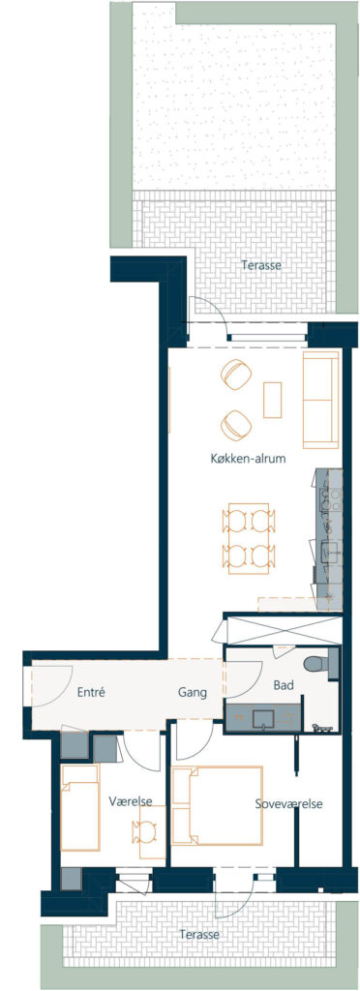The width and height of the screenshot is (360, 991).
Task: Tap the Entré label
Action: (x=90, y=692)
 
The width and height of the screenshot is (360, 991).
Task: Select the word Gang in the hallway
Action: (x=193, y=693)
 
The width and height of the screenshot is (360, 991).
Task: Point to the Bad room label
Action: (x=283, y=685)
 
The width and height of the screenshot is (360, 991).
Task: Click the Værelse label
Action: (x=131, y=801)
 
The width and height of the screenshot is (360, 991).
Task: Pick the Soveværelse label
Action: (x=289, y=804)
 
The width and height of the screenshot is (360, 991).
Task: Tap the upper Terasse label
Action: (x=261, y=265)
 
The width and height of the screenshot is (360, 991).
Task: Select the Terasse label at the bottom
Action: (x=199, y=934)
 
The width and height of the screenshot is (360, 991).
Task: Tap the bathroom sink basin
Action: (x=262, y=719)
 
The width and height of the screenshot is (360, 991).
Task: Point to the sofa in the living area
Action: (x=322, y=400)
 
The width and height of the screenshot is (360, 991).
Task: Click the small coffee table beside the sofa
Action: (x=273, y=400)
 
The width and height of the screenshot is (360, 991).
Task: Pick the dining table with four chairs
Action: (x=249, y=538)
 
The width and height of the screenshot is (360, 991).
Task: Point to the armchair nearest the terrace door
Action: (x=236, y=375)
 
